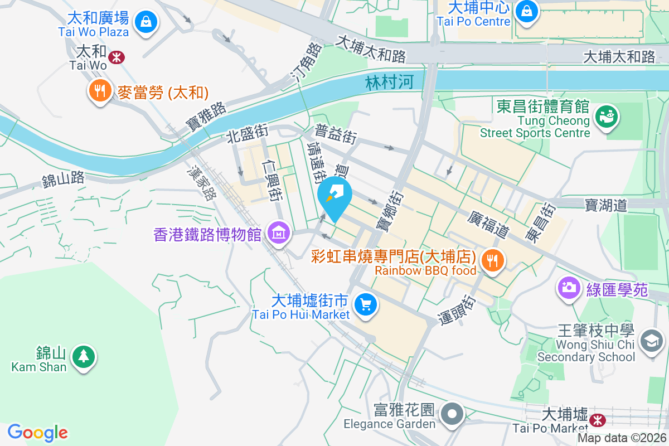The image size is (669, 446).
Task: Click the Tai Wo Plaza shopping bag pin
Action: (145, 22)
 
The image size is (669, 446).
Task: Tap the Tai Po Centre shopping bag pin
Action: (525, 11)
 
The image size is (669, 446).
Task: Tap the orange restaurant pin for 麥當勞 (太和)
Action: (100, 91)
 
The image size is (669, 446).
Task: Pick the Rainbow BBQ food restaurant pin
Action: (492, 260)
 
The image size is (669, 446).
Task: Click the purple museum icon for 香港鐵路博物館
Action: (278, 233)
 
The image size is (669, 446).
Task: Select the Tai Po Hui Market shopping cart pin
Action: (366, 305)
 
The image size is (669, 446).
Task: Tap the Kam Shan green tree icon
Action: (84, 355)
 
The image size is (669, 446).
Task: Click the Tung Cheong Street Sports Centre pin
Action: (604, 117)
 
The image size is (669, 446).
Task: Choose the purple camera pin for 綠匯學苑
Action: (569, 288)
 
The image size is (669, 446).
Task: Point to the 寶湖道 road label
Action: (606, 205)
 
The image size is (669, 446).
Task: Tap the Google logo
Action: (38, 432)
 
